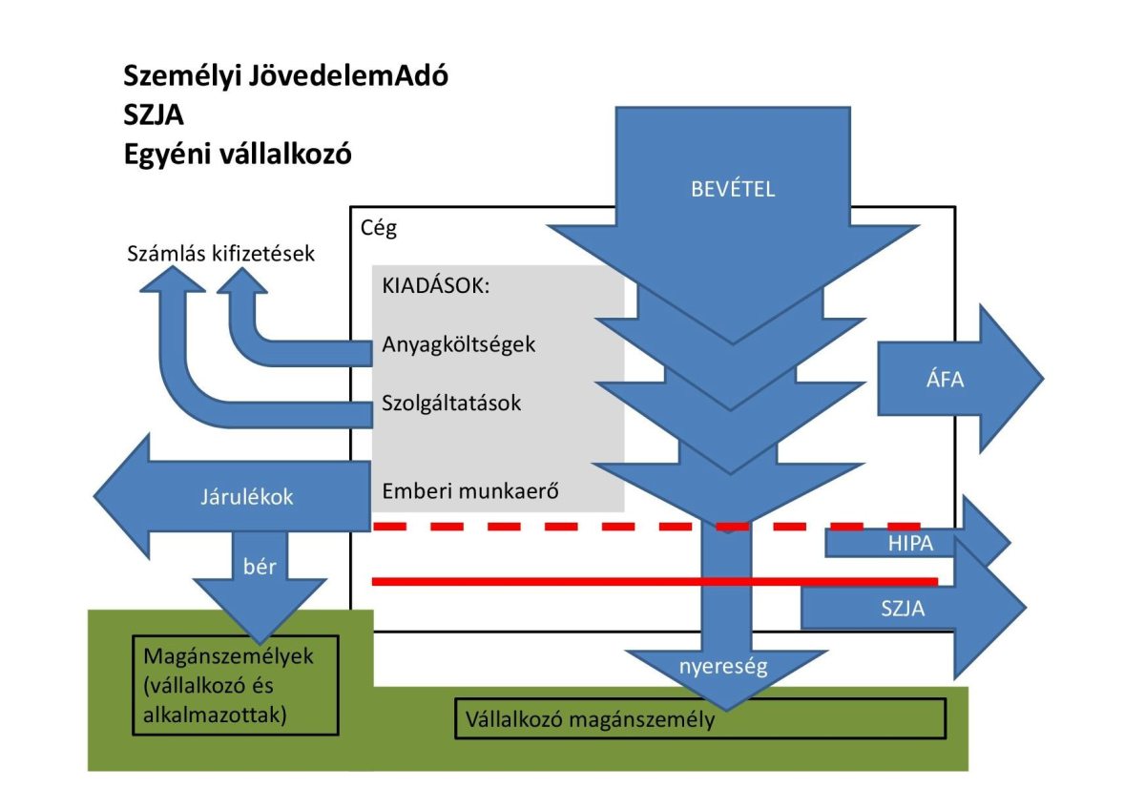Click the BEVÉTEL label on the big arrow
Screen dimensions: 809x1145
[733, 189]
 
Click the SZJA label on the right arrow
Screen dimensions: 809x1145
[903, 608]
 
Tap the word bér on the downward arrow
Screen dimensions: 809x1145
[260, 567]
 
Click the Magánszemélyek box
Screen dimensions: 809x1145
[235, 686]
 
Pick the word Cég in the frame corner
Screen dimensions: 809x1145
[379, 228]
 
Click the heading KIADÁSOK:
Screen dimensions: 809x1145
[435, 286]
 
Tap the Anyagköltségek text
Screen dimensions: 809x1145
[459, 344]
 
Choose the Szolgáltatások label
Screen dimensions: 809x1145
[451, 403]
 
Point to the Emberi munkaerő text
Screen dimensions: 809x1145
[469, 492]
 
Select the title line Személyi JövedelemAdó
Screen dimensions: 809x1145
[285, 76]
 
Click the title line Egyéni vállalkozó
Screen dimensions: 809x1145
[238, 155]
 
